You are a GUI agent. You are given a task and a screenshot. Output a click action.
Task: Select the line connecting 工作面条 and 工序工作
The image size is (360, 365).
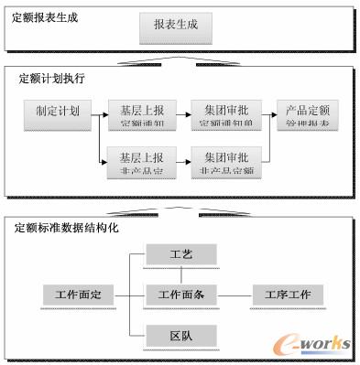(x=232, y=295)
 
